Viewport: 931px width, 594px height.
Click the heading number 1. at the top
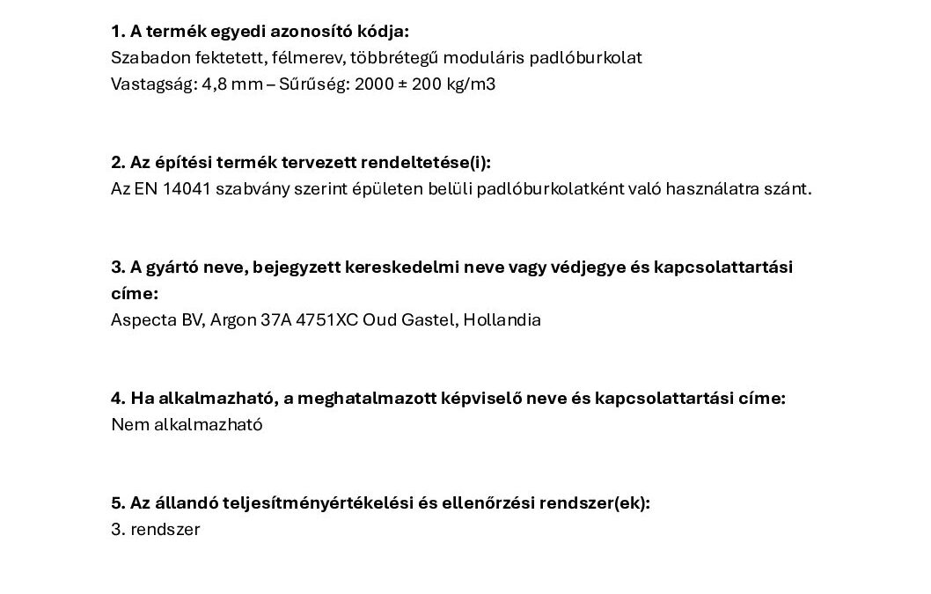click(119, 32)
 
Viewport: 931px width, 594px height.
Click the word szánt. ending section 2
click(789, 189)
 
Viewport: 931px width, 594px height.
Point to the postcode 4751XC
click(328, 320)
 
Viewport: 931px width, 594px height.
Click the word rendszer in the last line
click(167, 530)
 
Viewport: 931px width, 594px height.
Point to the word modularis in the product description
click(496, 58)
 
